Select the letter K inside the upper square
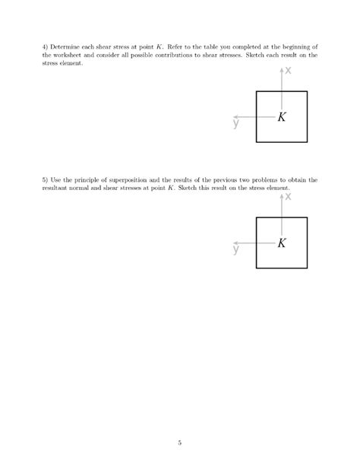click(x=283, y=117)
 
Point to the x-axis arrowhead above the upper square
click(x=282, y=70)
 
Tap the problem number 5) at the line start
click(x=46, y=180)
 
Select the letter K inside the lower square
click(x=283, y=243)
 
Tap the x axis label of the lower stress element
click(x=289, y=198)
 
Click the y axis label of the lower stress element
click(x=236, y=249)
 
